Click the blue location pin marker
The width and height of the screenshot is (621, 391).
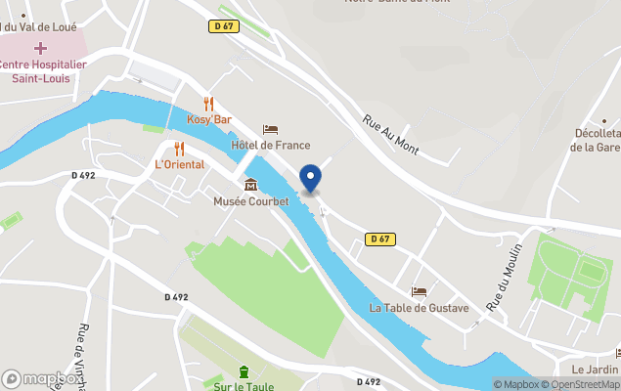311,178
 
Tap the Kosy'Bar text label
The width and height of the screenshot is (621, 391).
207,120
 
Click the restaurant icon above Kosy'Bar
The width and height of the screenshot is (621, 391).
207,104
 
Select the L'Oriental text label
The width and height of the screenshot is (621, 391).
180,164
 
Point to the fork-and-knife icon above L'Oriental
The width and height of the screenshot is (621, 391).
179,149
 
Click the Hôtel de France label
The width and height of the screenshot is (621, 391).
271,146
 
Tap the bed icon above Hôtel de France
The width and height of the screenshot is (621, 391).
271,130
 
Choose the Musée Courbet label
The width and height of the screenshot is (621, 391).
251,201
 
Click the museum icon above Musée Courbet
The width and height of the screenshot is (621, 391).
251,185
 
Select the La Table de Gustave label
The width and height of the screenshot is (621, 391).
419,308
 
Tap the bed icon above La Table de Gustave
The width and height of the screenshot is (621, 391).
419,291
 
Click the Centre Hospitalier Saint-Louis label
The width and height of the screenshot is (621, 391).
42,70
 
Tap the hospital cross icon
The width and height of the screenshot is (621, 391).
41,48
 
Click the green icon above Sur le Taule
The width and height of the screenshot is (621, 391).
244,370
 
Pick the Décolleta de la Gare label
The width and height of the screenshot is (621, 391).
596,141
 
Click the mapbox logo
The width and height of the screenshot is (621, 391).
42,378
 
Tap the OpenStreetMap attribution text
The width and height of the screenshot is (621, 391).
584,384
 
